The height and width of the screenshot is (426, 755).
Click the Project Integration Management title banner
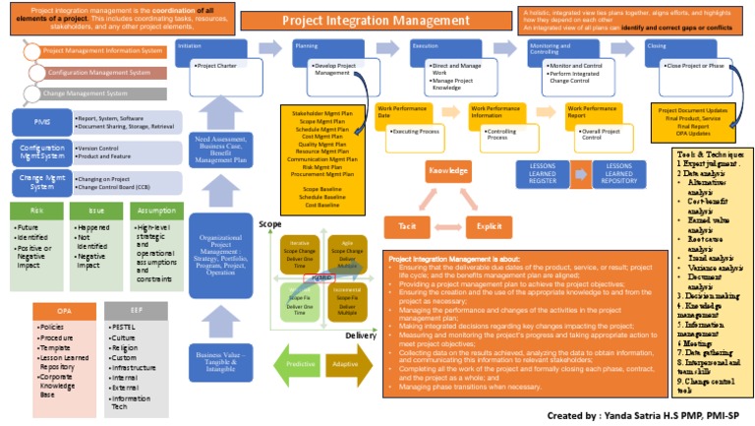point(361,20)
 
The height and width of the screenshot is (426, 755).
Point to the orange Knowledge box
point(447,171)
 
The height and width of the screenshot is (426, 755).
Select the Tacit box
point(405,225)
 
